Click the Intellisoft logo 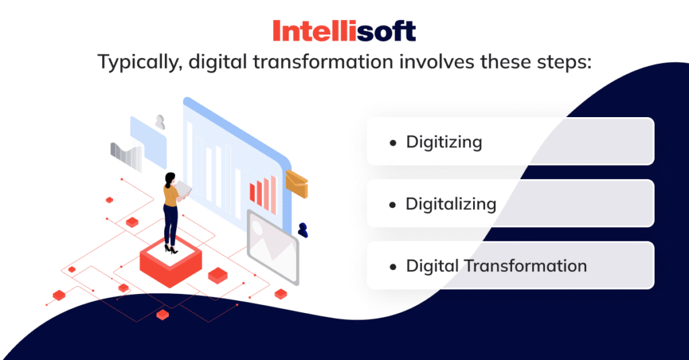point(344,31)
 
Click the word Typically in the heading point(139,63)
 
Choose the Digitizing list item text point(443,142)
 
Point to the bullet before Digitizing point(393,143)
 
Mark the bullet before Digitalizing point(393,205)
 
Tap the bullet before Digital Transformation point(393,266)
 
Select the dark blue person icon point(303,229)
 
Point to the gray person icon point(160,122)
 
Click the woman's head point(170,179)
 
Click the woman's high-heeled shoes point(172,250)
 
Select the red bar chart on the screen point(262,191)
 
